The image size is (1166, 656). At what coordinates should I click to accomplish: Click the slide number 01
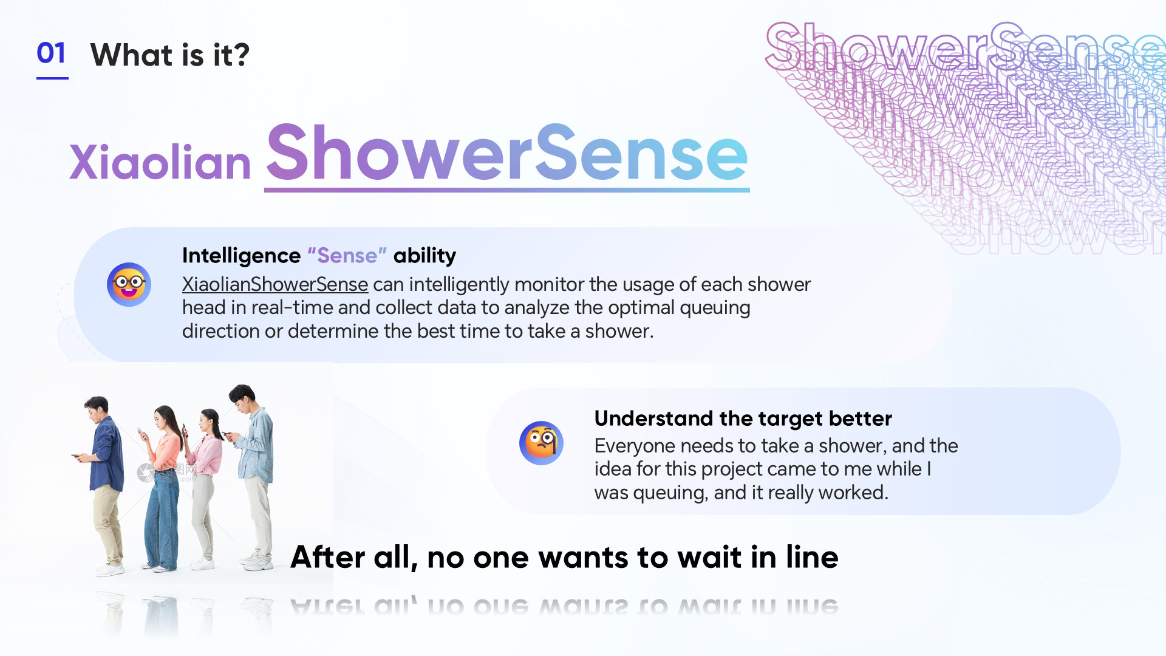pos(52,53)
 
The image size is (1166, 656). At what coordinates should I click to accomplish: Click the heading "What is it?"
pos(170,55)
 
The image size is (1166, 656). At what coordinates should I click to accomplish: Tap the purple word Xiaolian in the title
pos(160,162)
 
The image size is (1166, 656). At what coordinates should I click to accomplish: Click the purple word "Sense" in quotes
pos(347,256)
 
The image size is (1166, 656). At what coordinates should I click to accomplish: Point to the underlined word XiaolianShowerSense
pos(275,284)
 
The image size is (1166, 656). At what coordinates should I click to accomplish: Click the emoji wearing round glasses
pos(129,284)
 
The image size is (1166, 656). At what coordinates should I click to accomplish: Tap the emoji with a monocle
pos(541,443)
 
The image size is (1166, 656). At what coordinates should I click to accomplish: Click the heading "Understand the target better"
pos(743,419)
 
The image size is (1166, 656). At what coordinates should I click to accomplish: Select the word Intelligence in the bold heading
pos(241,256)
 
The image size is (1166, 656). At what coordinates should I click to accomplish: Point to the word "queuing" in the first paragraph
pos(715,308)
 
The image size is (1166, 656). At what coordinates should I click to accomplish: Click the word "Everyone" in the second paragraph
pos(635,446)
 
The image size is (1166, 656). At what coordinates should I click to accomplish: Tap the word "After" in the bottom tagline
pos(328,557)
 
